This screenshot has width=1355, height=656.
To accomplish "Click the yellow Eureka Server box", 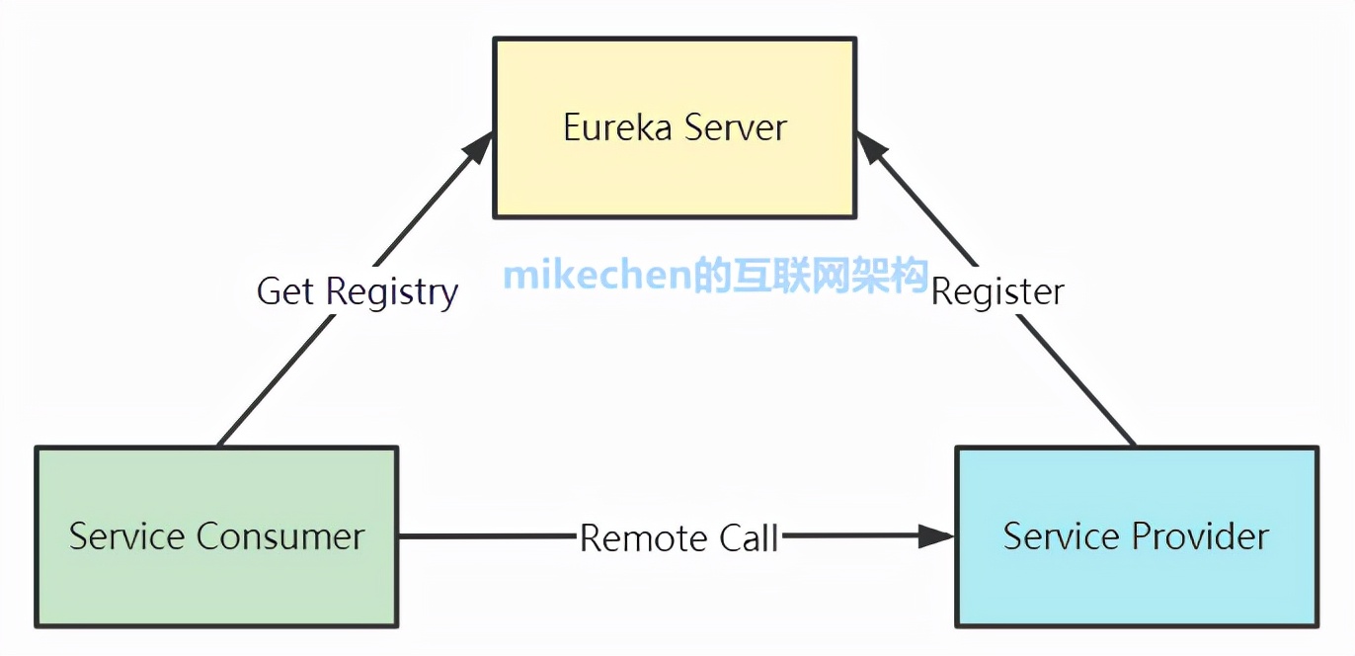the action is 675,178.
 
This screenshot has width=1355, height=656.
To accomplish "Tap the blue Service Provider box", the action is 1136,588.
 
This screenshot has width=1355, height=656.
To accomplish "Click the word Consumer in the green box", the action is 281,536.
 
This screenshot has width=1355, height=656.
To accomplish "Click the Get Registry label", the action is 358,292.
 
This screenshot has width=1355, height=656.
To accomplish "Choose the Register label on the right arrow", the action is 997,292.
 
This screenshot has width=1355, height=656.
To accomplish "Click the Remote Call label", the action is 679,538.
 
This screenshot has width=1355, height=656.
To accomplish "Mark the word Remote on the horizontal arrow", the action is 639,538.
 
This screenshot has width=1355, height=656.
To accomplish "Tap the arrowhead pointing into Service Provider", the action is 937,536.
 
